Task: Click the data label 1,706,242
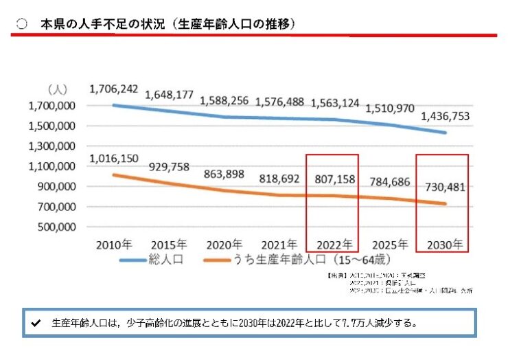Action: pyautogui.click(x=114, y=89)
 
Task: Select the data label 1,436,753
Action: pyautogui.click(x=445, y=117)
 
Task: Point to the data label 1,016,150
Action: pyautogui.click(x=114, y=159)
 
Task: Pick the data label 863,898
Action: pyautogui.click(x=224, y=174)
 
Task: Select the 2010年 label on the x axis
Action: pyautogui.click(x=113, y=245)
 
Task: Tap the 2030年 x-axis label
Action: pyautogui.click(x=443, y=245)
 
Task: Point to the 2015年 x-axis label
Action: pyautogui.click(x=168, y=245)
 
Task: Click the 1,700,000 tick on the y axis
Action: pyautogui.click(x=51, y=106)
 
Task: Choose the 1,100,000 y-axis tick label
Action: pyautogui.click(x=51, y=167)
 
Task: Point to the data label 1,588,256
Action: pyautogui.click(x=224, y=100)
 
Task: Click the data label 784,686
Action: pyautogui.click(x=389, y=182)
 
